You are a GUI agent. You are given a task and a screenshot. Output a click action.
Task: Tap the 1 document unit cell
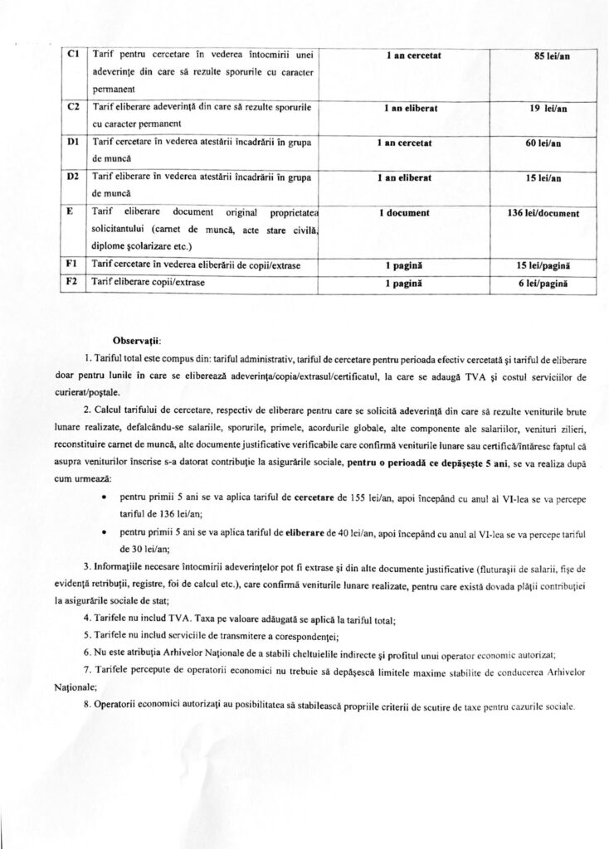coord(403,213)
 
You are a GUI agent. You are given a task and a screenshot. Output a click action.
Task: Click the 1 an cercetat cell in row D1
coord(404,143)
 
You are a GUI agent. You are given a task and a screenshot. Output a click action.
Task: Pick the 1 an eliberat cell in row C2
coord(404,109)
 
